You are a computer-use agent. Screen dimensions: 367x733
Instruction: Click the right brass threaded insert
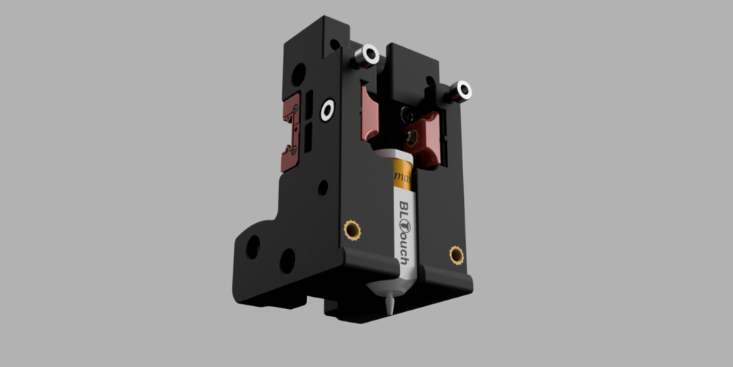pos(456,254)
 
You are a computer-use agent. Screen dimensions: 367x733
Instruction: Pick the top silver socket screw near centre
pos(369,54)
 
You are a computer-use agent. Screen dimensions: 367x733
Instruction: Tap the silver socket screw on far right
pos(463,90)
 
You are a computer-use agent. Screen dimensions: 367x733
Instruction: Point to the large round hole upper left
pos(298,72)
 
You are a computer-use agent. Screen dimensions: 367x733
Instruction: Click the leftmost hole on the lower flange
pos(253,248)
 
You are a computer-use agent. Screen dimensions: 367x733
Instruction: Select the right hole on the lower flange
pos(287,260)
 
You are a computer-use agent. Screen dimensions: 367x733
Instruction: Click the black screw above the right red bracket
pos(407,113)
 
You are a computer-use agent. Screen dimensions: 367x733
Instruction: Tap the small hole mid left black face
pos(323,187)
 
